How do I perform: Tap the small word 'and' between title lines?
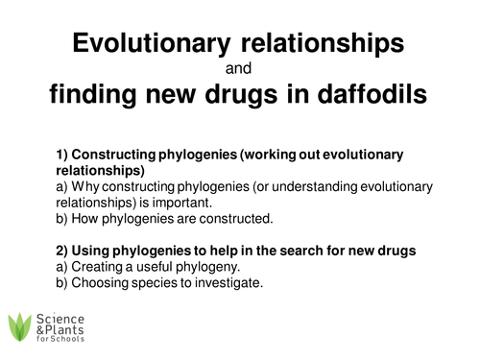[x=240, y=69]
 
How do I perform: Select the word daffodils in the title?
[x=371, y=95]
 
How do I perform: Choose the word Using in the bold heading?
[x=95, y=251]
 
